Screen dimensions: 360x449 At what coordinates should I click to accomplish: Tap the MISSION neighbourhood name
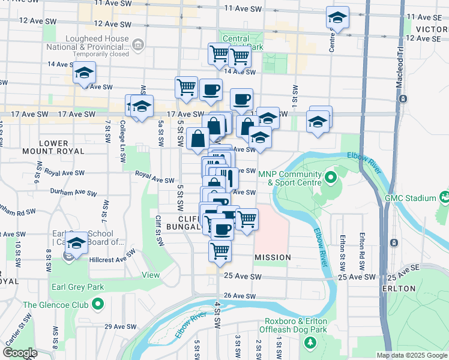click(273, 257)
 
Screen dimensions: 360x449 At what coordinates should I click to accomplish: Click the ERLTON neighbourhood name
click(399, 289)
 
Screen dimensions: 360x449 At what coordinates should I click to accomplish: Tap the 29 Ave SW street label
click(118, 327)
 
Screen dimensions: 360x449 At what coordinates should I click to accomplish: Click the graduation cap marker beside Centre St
click(337, 18)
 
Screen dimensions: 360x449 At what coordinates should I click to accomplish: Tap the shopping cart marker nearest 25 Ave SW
click(220, 250)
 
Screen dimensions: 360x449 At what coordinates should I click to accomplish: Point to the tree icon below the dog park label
click(310, 343)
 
